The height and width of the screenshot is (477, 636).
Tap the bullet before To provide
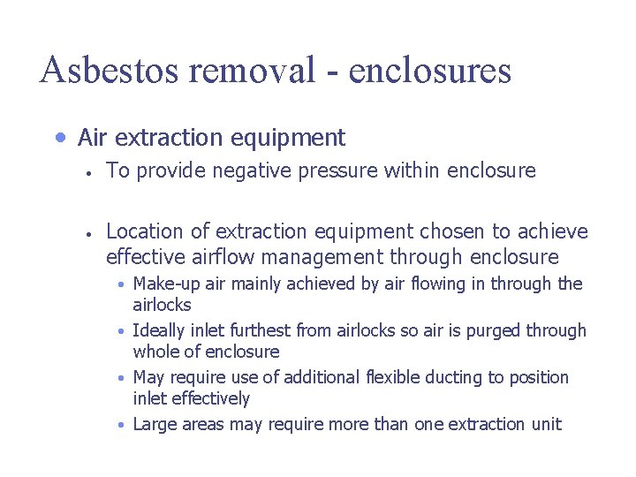(90, 172)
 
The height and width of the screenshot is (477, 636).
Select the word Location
(145, 232)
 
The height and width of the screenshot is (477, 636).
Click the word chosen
(452, 232)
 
